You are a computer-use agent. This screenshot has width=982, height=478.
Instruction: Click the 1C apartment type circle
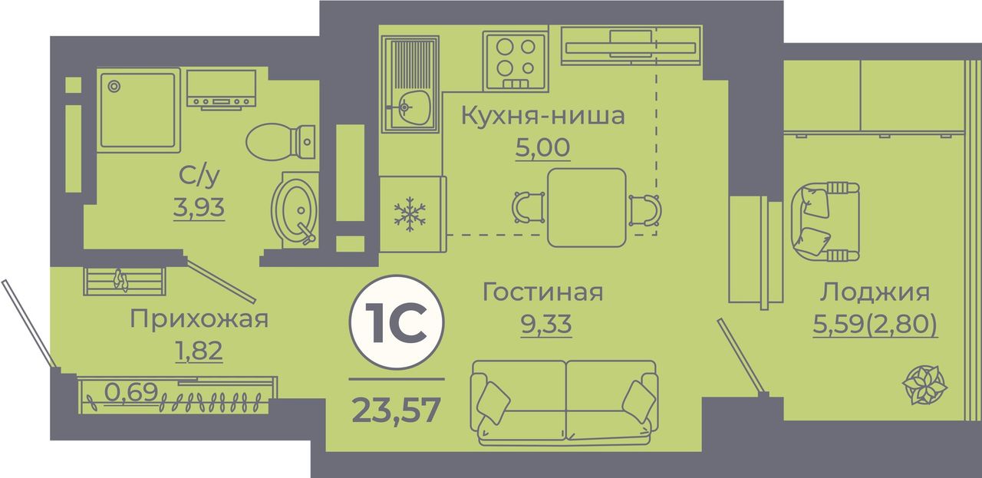(397, 322)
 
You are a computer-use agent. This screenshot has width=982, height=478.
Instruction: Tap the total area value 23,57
(396, 410)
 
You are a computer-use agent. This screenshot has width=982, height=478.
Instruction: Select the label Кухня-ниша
(542, 116)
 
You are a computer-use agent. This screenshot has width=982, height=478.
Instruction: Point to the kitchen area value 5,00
(542, 147)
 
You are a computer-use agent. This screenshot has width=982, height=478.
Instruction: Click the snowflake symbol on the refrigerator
(410, 214)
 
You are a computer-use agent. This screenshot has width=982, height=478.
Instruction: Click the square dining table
(587, 207)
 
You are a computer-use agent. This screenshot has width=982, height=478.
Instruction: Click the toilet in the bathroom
(281, 142)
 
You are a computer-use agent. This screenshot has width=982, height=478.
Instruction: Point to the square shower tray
(138, 110)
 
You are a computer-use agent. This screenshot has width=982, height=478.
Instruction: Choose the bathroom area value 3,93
(199, 207)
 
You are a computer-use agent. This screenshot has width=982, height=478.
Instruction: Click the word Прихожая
(199, 320)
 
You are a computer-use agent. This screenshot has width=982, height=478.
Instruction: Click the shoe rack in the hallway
(124, 281)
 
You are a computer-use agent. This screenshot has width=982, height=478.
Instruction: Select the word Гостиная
(542, 292)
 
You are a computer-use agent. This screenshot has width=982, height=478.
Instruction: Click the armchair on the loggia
(825, 222)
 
